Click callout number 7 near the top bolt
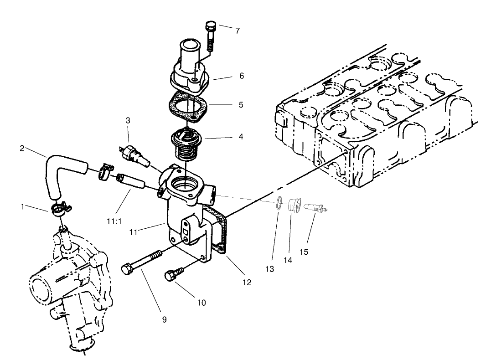click(x=237, y=31)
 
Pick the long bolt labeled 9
click(x=139, y=262)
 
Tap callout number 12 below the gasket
click(x=247, y=283)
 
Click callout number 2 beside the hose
click(x=22, y=149)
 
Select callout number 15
click(x=304, y=251)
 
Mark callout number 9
click(x=164, y=319)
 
